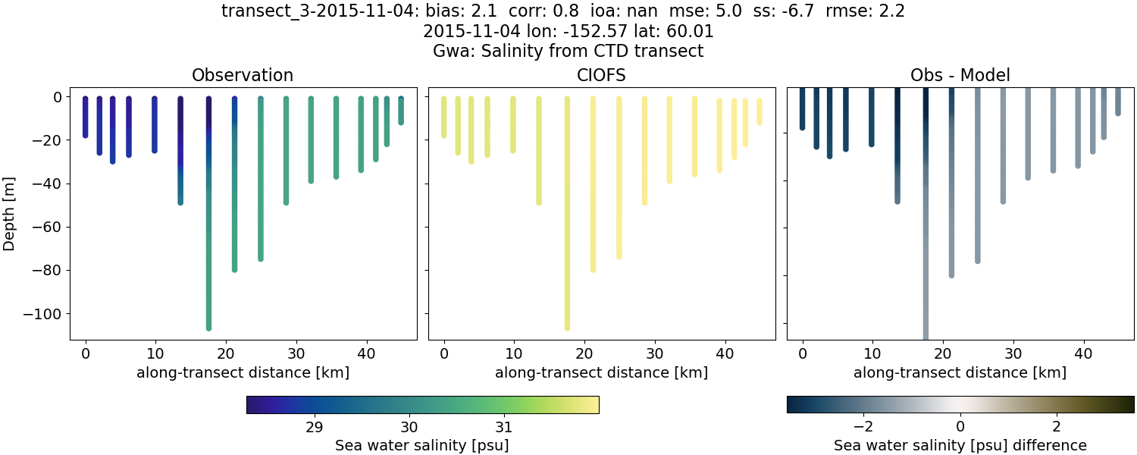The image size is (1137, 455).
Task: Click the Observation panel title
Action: pos(243,75)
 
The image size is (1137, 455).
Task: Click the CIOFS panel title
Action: pos(601,75)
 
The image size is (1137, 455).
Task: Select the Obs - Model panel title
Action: pos(960,75)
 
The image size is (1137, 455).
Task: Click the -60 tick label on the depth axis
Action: pos(49,227)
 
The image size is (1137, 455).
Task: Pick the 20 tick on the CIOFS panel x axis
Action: pos(584,353)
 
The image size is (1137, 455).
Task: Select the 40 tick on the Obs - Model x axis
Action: pos(1084,353)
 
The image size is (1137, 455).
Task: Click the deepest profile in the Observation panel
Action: pos(208,227)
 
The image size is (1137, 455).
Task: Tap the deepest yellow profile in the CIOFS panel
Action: pos(567,227)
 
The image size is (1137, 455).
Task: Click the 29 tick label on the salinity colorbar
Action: pos(315,426)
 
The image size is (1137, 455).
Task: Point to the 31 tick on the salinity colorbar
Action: pos(503,426)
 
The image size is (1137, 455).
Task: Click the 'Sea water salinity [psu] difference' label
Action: pos(960,445)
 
